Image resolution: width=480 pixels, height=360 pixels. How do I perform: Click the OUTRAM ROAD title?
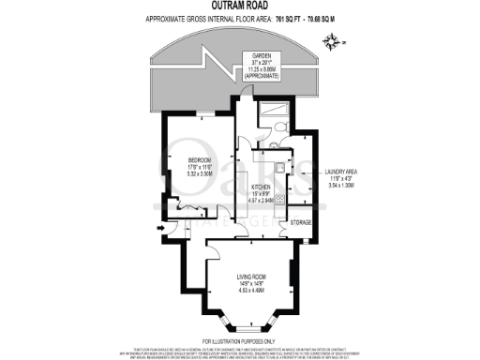[239, 7]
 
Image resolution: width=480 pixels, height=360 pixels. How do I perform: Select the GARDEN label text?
[251, 56]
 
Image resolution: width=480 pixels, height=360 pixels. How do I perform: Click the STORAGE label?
[300, 222]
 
